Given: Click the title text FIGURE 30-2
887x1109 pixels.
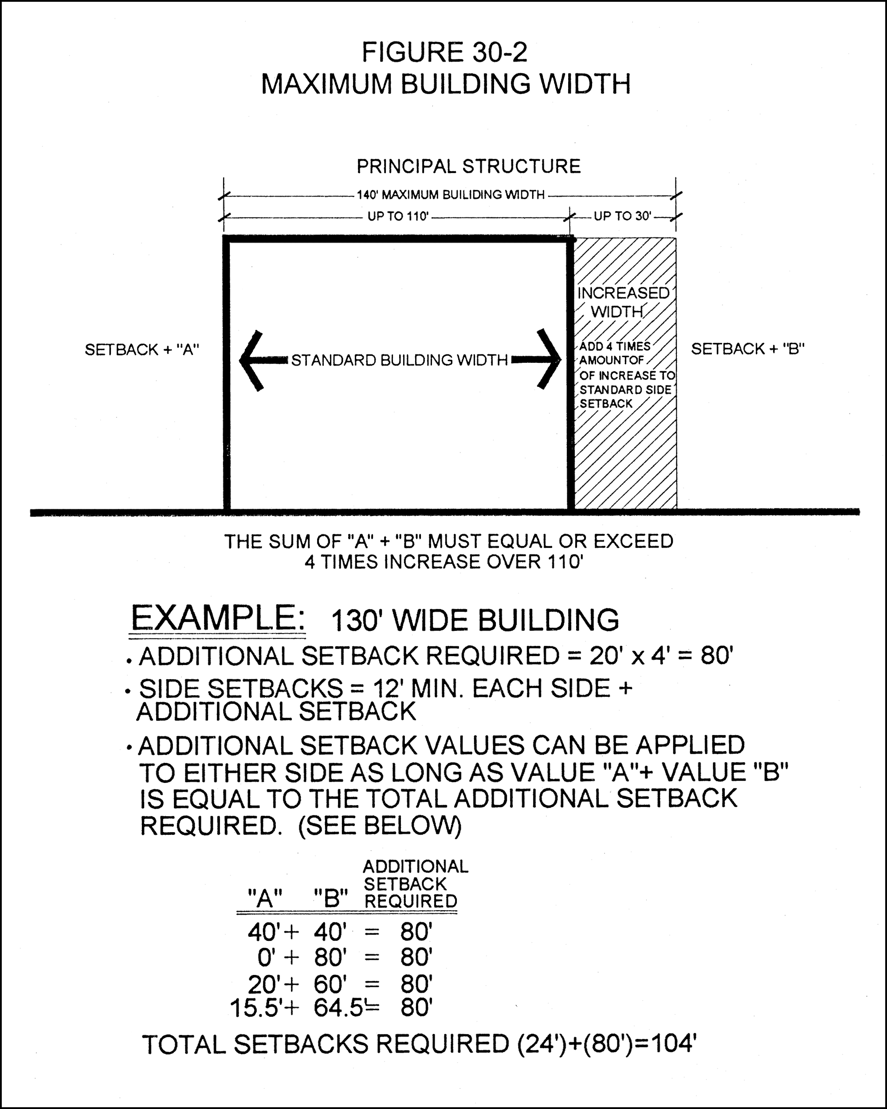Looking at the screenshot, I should click(x=444, y=52).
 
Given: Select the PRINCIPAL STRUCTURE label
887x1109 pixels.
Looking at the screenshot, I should click(x=468, y=167).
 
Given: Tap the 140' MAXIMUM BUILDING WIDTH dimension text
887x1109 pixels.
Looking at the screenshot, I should click(x=451, y=195).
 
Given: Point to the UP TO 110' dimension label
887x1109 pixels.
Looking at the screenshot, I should click(x=397, y=216).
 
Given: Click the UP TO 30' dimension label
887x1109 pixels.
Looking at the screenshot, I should click(x=622, y=216).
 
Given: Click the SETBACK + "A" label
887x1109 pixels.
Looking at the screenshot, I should click(x=142, y=350).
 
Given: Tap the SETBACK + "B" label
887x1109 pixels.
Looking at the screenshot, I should click(x=748, y=349).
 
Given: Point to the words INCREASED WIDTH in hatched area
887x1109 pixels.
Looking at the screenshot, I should click(x=623, y=303).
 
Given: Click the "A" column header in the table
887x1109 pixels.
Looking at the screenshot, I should click(x=264, y=899).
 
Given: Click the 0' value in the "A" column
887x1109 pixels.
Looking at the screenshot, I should click(x=267, y=957).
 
